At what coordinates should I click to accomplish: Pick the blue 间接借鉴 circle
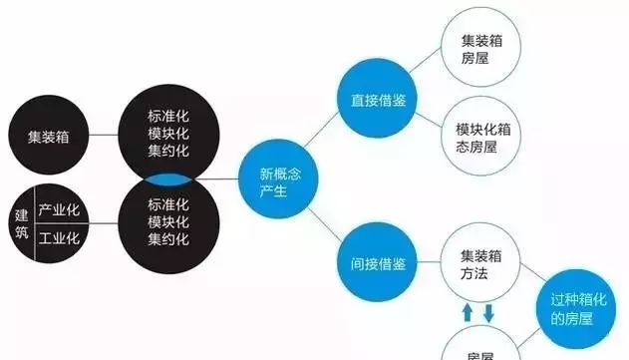click(x=378, y=264)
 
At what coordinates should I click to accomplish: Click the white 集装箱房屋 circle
click(x=481, y=46)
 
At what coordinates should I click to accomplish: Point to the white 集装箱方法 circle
click(x=481, y=265)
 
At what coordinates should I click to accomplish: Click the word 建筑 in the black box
click(x=21, y=224)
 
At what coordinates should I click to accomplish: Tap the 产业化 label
click(x=59, y=210)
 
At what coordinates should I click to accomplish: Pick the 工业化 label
click(x=59, y=239)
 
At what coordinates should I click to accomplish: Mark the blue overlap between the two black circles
click(x=168, y=180)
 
